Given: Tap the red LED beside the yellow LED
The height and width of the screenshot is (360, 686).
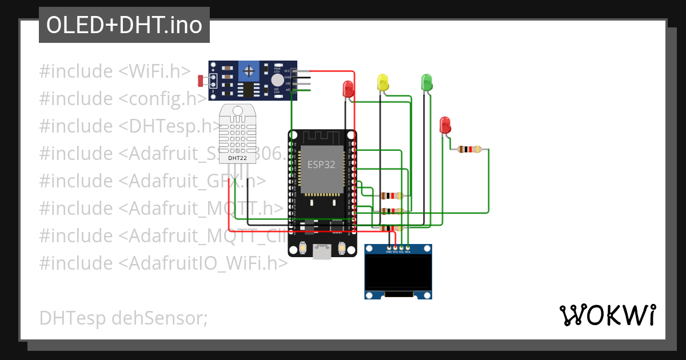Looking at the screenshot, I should (348, 89).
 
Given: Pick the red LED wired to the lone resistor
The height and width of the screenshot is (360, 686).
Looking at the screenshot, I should (445, 125).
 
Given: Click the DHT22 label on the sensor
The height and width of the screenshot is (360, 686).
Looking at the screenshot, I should (237, 157).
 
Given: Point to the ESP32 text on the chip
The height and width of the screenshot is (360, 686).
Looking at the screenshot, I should (321, 165).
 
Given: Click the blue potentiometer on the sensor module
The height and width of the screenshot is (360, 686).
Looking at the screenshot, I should (249, 71).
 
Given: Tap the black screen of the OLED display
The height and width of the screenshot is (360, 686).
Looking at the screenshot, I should (398, 272).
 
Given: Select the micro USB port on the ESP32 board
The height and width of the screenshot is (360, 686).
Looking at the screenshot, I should (322, 251).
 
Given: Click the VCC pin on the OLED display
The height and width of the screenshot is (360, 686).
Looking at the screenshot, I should (395, 250).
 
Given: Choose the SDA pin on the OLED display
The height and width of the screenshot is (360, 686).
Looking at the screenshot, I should (408, 250).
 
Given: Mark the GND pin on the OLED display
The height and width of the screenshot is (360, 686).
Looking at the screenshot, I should (389, 250).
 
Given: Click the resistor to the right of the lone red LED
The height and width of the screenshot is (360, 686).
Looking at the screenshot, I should (469, 150).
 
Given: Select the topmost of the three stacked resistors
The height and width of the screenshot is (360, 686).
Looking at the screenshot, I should (391, 195).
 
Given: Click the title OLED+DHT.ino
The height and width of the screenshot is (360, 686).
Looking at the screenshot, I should (124, 25).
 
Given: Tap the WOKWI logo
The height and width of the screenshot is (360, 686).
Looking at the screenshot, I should (607, 315).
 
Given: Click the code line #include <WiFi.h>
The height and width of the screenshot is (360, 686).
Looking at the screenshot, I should (115, 71).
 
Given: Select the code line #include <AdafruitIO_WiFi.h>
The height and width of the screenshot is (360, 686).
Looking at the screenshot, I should (163, 263).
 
